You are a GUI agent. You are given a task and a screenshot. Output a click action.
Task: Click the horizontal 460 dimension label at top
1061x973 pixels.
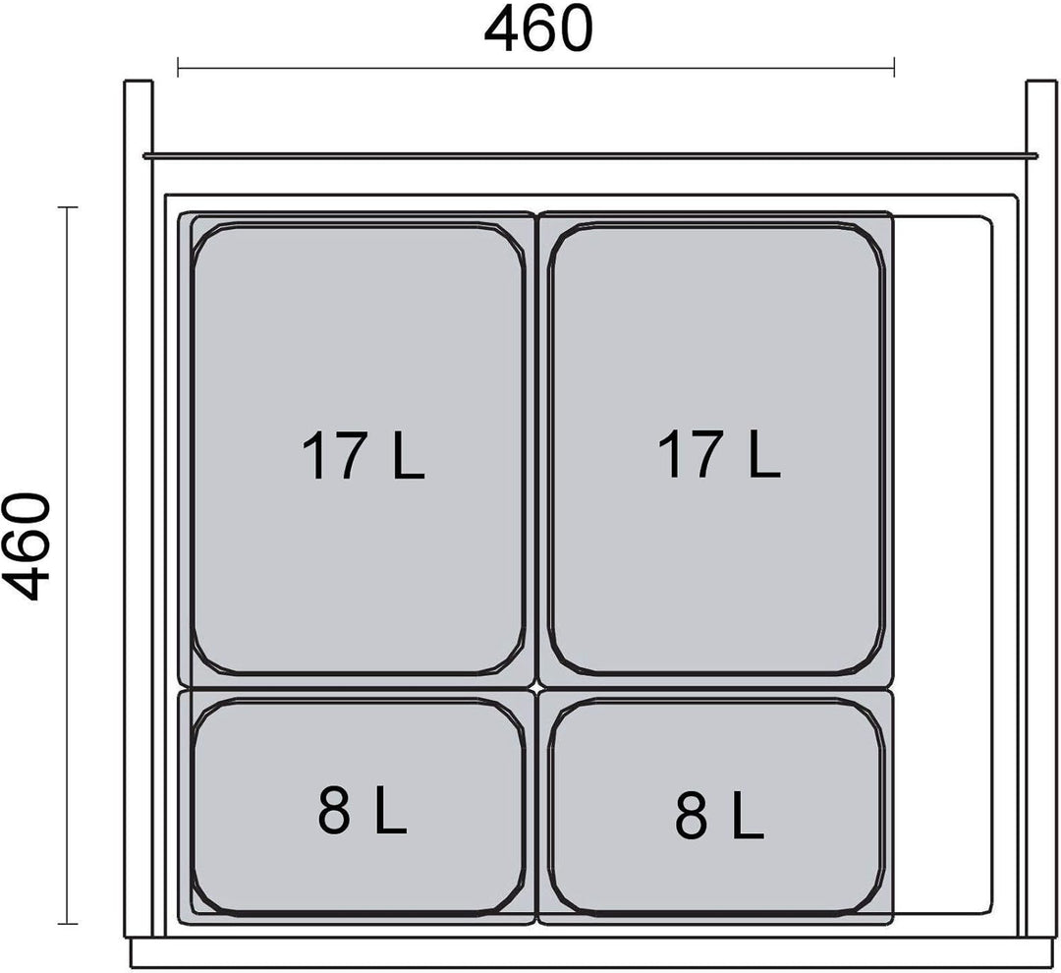(x=538, y=29)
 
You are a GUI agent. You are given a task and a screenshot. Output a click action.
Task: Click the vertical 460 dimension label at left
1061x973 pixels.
(x=27, y=546)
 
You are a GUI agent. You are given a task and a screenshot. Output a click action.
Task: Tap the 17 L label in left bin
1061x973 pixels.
(x=363, y=456)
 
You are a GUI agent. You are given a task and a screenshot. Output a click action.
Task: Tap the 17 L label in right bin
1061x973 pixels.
(x=719, y=455)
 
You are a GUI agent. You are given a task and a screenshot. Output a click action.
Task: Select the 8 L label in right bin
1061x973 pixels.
(x=719, y=815)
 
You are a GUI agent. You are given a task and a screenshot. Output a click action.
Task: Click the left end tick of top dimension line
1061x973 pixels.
(x=178, y=67)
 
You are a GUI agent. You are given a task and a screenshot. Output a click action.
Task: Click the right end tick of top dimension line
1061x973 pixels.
(x=895, y=67)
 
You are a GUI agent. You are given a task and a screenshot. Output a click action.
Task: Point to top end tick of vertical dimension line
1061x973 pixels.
(x=67, y=207)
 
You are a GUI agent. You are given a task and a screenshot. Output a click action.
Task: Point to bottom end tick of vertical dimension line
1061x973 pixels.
(x=67, y=923)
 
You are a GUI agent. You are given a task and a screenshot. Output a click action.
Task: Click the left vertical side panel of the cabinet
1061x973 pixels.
(x=139, y=508)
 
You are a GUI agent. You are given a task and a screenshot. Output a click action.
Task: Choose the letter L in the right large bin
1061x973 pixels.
(x=762, y=455)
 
